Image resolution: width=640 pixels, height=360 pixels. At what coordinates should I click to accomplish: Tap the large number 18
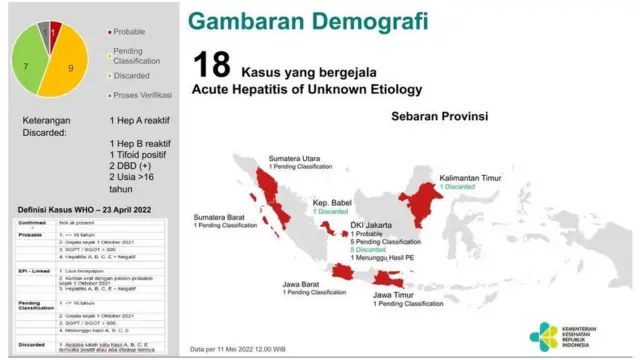pos(213,67)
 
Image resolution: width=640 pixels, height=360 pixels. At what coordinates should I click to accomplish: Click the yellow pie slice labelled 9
pos(70,68)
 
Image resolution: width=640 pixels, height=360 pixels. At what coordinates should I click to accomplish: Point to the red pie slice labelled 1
pos(53,31)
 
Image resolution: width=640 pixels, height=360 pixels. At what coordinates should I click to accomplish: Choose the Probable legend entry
pos(133,32)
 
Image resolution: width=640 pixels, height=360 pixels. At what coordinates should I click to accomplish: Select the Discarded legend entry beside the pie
pos(135,75)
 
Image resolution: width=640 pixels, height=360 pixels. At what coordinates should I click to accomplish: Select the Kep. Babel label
pos(331,202)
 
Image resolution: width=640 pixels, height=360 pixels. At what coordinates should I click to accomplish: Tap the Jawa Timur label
pos(396,295)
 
